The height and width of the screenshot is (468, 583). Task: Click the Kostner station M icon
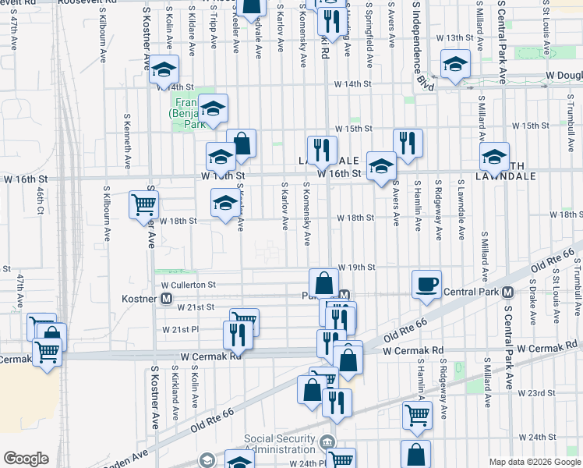pos(166,300)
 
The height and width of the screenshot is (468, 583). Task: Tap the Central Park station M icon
pos(507,292)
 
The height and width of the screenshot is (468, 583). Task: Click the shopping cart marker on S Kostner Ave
pos(144,205)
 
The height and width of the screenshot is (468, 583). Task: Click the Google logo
pos(26,459)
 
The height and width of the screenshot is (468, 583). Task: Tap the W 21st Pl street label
pos(182,330)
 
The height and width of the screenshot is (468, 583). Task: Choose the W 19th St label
pos(355,267)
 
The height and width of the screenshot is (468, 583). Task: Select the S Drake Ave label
pos(532,304)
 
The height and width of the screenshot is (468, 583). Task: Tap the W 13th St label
pos(455,37)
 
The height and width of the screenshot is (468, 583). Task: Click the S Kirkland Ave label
pos(175,394)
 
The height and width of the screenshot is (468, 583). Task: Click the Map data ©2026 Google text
pos(535,462)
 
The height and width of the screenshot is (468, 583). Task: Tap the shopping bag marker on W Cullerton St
pos(323,283)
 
